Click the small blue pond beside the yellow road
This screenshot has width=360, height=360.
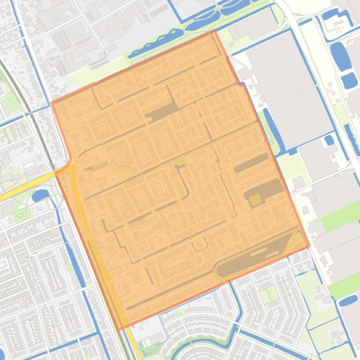point(40,195)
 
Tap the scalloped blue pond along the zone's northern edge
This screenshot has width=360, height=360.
point(154,44)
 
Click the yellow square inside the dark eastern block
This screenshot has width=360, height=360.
point(255,200)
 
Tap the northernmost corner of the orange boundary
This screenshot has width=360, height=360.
point(214,31)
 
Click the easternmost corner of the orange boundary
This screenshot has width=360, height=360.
point(309,246)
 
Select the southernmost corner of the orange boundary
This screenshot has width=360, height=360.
point(119,329)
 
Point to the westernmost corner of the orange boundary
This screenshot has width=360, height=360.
point(51,102)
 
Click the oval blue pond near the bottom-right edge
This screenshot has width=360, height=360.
point(348,300)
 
